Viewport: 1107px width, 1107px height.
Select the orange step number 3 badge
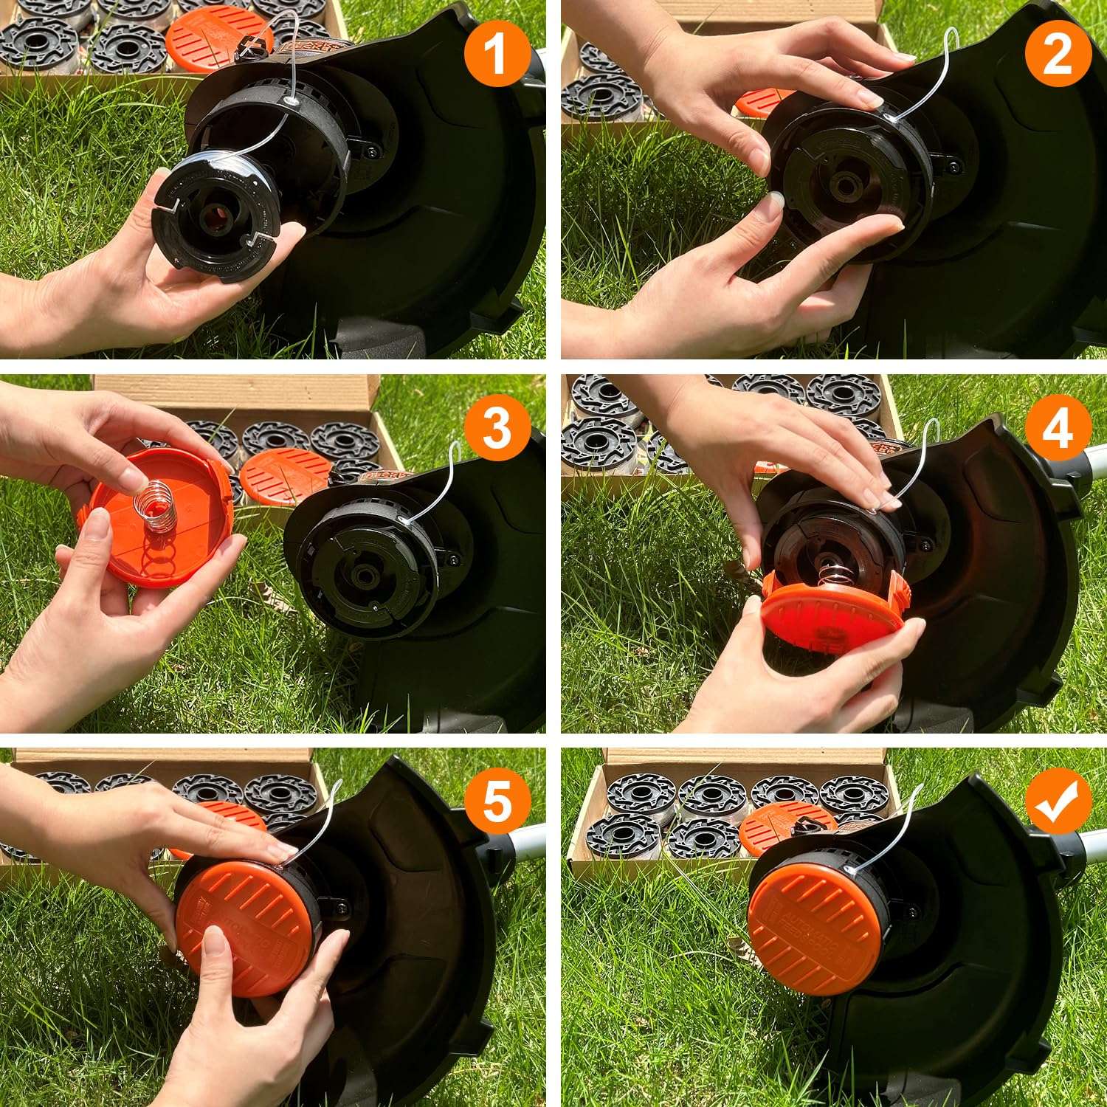point(497,427)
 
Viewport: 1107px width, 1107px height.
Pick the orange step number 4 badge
point(1058,427)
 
